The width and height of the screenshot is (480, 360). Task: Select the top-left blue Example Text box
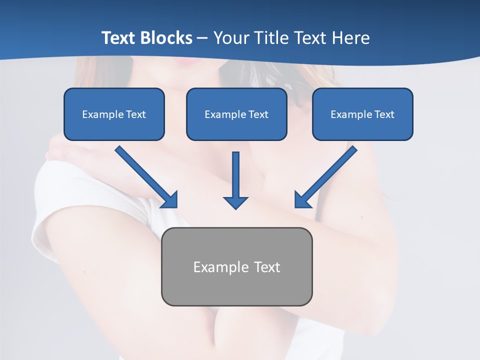coord(114,114)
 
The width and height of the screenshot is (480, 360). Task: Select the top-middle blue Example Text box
coord(236,114)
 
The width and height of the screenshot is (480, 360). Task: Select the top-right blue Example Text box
coord(362,114)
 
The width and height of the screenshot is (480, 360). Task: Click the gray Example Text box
coord(237,267)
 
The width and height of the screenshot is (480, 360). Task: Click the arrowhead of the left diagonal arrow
coord(170,199)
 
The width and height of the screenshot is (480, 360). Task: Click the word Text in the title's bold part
coord(118,38)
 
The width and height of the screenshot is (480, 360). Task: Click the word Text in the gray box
coord(267,267)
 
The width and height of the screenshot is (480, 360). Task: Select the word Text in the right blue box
coord(384,114)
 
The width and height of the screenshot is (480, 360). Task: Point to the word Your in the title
coord(231,38)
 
